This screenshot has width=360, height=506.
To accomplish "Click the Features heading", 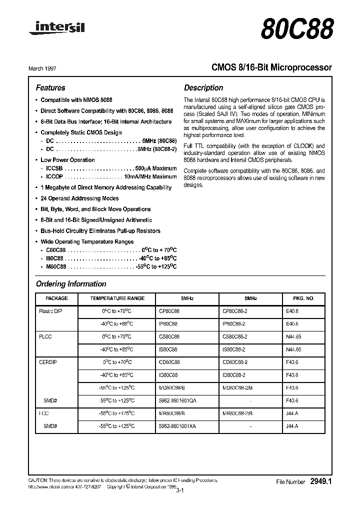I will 50,87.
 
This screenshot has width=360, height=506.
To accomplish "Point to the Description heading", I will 203,87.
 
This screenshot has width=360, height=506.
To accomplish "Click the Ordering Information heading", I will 71,284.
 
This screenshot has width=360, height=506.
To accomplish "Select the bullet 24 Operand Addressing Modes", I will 79,198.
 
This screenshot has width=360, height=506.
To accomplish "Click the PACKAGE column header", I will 56,298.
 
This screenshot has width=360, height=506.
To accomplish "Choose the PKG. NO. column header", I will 303,298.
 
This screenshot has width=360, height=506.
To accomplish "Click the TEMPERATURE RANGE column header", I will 117,298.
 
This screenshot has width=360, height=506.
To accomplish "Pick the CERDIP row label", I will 48,361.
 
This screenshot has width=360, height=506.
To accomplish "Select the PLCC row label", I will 45,336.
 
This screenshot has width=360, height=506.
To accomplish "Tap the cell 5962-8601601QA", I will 177,400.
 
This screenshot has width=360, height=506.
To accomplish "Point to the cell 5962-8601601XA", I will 177,425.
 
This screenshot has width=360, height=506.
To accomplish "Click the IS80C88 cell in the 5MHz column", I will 168,349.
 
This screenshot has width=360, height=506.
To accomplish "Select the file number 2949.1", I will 321,481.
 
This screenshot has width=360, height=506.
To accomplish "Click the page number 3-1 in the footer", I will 180,491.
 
